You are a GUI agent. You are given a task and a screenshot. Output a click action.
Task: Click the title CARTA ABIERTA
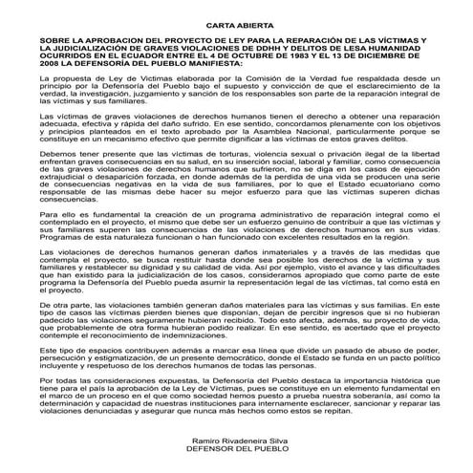click(x=236, y=32)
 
